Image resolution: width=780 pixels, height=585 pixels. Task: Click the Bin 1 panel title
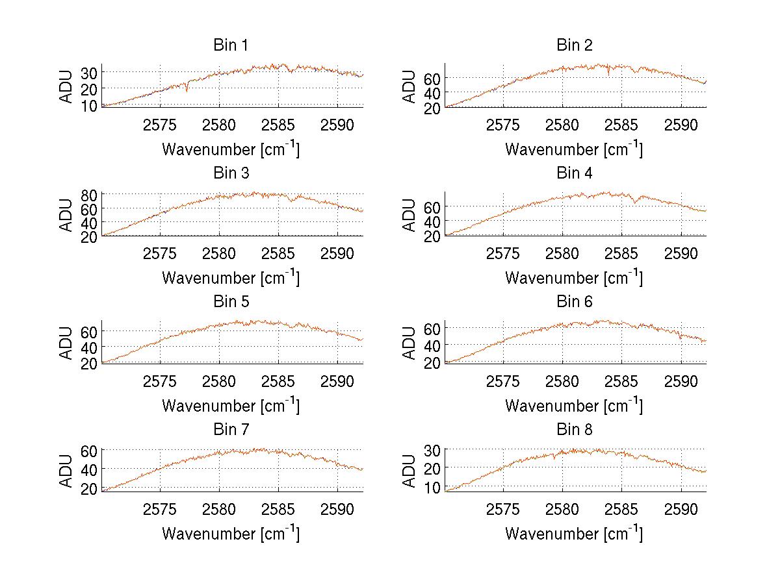click(231, 45)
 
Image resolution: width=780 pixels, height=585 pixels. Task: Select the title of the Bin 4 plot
click(575, 173)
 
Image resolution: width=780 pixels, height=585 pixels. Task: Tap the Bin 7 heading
click(231, 430)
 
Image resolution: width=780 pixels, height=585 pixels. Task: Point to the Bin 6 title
click(575, 302)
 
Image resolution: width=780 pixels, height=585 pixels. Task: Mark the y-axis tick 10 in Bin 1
click(89, 105)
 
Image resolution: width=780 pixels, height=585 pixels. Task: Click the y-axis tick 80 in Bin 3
click(89, 194)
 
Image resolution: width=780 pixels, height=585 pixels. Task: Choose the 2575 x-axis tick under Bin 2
click(503, 125)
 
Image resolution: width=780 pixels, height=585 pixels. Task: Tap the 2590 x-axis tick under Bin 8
click(681, 509)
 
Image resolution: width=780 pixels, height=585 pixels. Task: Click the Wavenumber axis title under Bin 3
click(231, 277)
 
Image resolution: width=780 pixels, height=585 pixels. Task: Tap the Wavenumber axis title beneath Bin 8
click(574, 534)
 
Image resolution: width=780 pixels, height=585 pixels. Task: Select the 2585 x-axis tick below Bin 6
click(621, 381)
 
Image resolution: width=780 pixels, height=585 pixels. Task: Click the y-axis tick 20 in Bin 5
click(89, 363)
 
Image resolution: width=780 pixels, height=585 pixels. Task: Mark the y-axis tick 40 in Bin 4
click(432, 221)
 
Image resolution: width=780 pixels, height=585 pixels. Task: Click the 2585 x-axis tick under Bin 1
click(278, 125)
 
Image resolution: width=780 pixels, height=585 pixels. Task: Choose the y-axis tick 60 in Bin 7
click(89, 450)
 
